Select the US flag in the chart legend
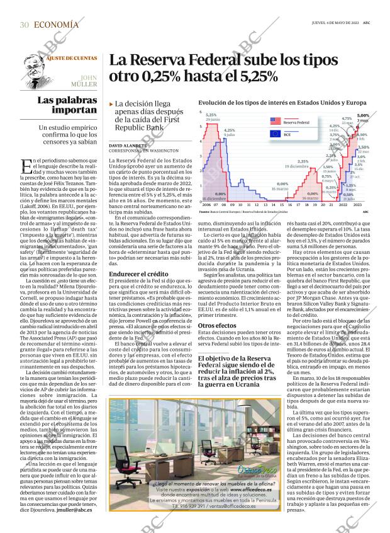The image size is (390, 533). (258, 122)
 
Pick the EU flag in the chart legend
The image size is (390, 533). (258, 134)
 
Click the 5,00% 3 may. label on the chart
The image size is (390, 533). (363, 118)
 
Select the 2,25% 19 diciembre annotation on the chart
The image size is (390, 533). (303, 164)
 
